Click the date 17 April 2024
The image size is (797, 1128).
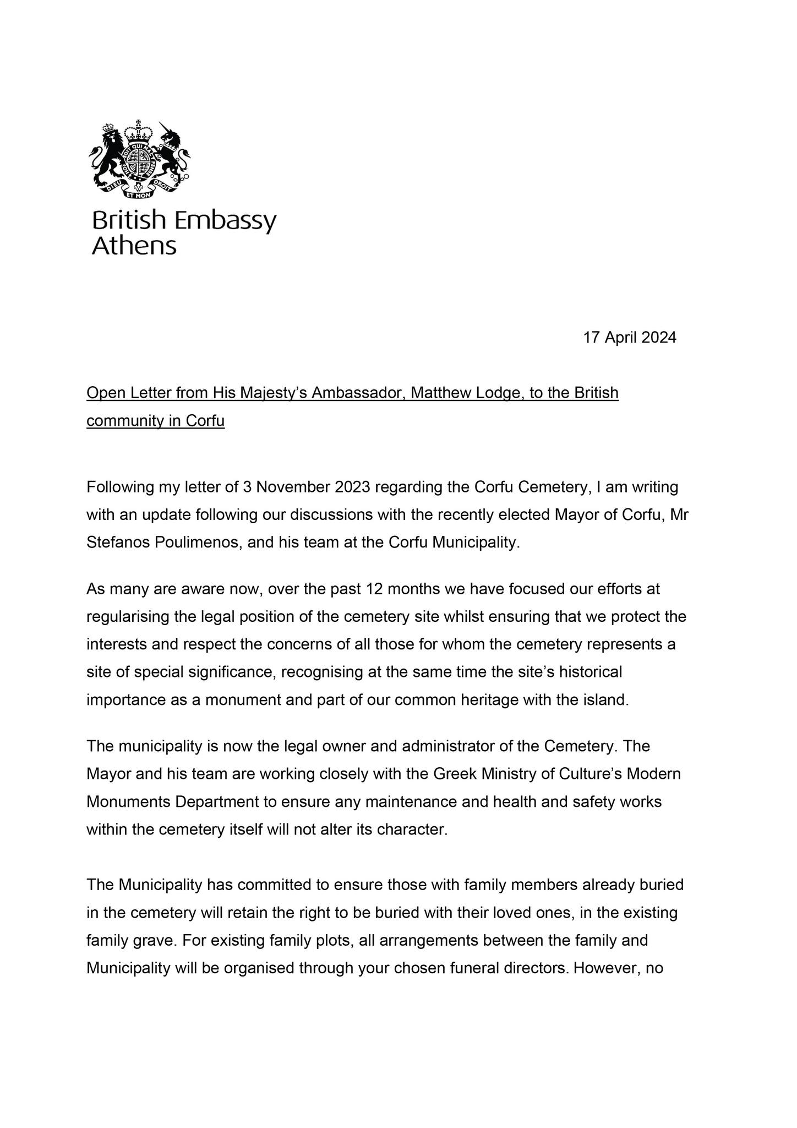tap(630, 337)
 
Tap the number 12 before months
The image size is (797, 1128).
tap(374, 589)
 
